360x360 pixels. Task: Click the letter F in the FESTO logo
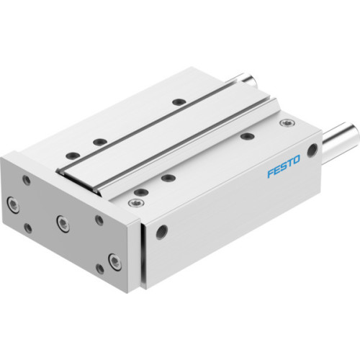[x=269, y=175]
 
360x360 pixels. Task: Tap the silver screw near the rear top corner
[x=287, y=123]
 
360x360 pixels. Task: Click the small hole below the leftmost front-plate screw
[x=27, y=228]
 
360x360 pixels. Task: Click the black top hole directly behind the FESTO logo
[x=247, y=135]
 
